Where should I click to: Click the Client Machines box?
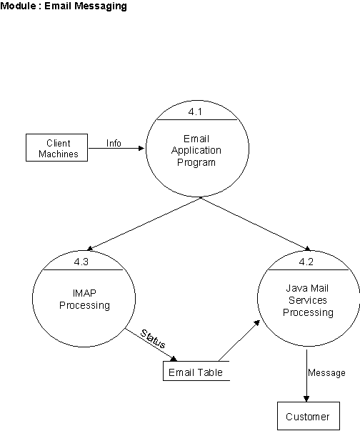pyautogui.click(x=56, y=148)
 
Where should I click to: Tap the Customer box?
pyautogui.click(x=309, y=416)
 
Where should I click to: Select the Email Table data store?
pyautogui.click(x=196, y=371)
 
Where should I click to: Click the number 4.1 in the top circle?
pyautogui.click(x=195, y=112)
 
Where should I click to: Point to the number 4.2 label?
pyautogui.click(x=306, y=262)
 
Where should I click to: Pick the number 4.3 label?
pyautogui.click(x=81, y=262)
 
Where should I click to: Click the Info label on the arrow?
pyautogui.click(x=114, y=143)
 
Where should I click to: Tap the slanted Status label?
pyautogui.click(x=153, y=339)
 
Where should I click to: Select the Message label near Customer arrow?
pyautogui.click(x=326, y=372)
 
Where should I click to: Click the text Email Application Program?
pyautogui.click(x=196, y=151)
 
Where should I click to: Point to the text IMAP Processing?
pyautogui.click(x=84, y=299)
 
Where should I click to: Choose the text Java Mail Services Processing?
pyautogui.click(x=308, y=300)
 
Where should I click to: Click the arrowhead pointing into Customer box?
pyautogui.click(x=306, y=399)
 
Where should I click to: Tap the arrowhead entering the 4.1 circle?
pyautogui.click(x=142, y=148)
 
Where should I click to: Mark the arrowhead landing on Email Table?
pyautogui.click(x=174, y=359)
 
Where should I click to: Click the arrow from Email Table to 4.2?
pyautogui.click(x=239, y=341)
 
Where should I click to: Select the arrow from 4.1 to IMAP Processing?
pyautogui.click(x=144, y=224)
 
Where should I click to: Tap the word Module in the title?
pyautogui.click(x=18, y=6)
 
